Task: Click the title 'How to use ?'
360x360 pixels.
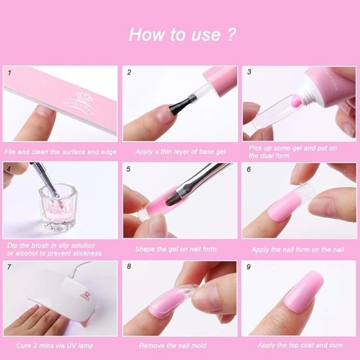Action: coord(182,34)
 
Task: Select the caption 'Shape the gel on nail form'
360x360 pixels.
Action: coord(176,249)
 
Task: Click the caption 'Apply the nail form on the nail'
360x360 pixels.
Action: coord(297,249)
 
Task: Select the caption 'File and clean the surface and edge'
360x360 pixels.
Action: coord(60,151)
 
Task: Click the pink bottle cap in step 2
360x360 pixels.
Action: coord(218,79)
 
